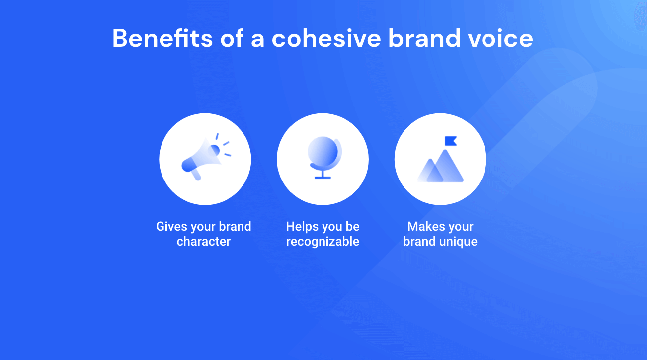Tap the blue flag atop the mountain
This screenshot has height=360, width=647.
451,141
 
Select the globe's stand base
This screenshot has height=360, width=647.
323,177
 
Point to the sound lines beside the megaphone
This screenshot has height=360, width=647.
224,144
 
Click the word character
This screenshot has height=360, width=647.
204,242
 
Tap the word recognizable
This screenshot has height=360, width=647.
323,242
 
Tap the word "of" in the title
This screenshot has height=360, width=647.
233,38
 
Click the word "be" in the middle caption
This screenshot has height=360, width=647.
352,227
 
